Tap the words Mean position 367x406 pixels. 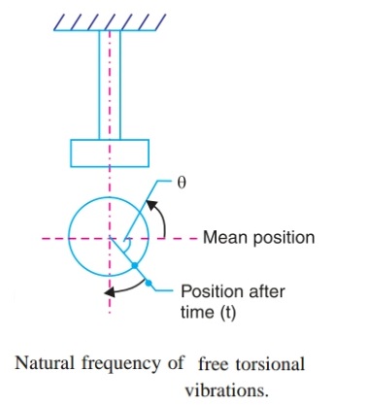(x=258, y=237)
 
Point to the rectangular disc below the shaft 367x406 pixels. (x=110, y=152)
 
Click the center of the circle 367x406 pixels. (x=110, y=237)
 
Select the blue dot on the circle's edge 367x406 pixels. (x=134, y=264)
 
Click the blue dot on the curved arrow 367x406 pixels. (x=149, y=283)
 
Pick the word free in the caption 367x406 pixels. (x=213, y=364)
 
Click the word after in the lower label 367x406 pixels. (x=257, y=289)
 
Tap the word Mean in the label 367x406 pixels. (x=221, y=237)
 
